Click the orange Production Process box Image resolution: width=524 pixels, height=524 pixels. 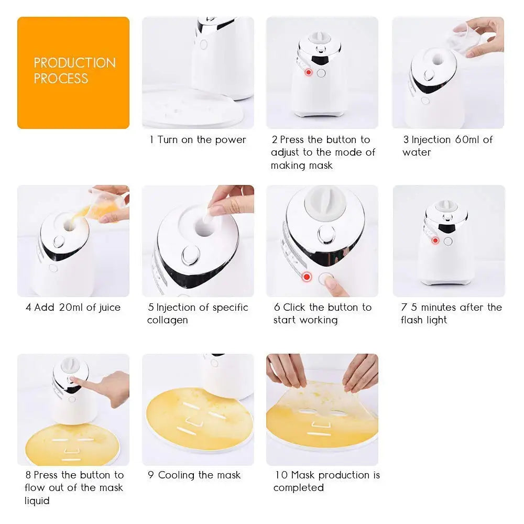pos(73,73)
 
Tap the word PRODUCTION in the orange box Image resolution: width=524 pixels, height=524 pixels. pos(74,63)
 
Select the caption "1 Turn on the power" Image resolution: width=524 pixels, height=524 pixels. pos(198,140)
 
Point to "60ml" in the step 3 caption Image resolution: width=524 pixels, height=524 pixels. pos(466,140)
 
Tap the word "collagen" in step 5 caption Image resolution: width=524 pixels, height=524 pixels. pos(167,320)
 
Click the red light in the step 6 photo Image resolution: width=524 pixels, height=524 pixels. pos(307,276)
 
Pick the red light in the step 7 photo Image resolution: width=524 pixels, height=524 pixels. pos(435,241)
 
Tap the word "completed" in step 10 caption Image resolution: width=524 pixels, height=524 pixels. pos(298,488)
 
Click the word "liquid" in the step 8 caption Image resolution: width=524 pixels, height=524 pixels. pos(37,501)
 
